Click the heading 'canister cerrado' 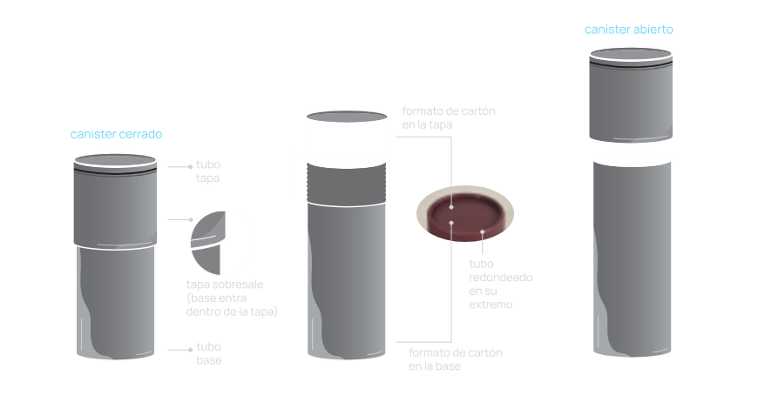(x=116, y=134)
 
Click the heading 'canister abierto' (x=628, y=30)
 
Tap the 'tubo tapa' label (x=208, y=171)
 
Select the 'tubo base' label (x=209, y=353)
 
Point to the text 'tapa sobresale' (x=225, y=285)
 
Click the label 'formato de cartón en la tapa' (x=449, y=117)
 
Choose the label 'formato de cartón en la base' (x=456, y=359)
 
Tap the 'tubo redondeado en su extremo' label (x=500, y=284)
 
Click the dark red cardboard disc (x=465, y=215)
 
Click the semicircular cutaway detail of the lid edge (x=209, y=241)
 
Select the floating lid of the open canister (x=631, y=96)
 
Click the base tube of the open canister (x=632, y=259)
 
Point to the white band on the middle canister (x=347, y=142)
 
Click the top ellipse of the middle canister (x=347, y=117)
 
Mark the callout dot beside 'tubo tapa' (x=191, y=166)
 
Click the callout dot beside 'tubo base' (x=191, y=350)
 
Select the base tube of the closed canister (x=116, y=303)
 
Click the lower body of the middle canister (x=347, y=281)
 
